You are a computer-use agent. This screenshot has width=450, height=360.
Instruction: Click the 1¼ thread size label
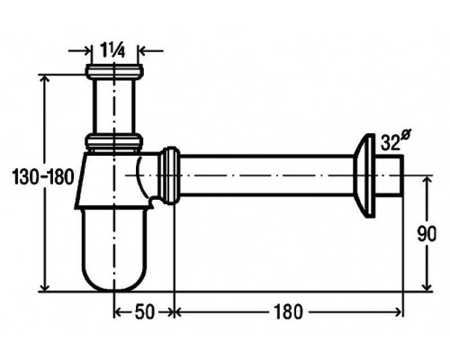108,50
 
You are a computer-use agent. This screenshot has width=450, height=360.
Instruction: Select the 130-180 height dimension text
43,176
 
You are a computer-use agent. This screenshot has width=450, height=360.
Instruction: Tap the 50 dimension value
145,311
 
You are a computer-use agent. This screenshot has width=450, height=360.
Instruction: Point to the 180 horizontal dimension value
288,311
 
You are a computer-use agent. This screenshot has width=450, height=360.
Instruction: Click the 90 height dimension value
427,234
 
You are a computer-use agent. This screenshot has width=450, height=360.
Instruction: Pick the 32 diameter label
395,140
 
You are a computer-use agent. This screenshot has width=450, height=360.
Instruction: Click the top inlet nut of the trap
114,71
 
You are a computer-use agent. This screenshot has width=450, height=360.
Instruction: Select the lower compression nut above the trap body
114,141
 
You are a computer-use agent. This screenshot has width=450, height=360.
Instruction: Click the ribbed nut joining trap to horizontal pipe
168,175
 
